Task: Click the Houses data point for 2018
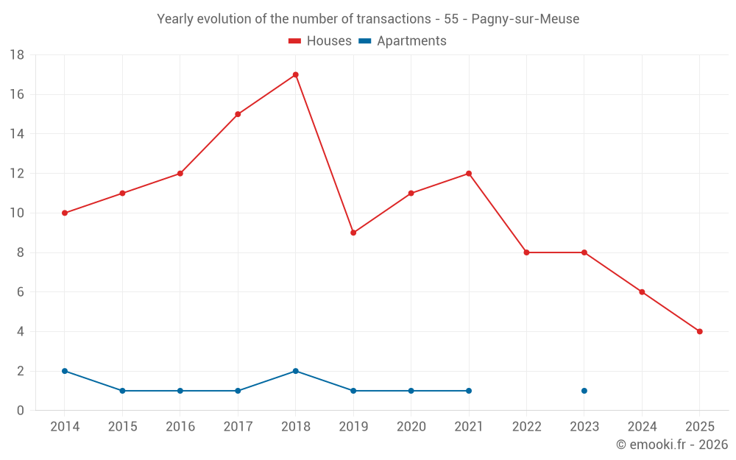click(x=295, y=75)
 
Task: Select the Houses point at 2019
click(x=353, y=233)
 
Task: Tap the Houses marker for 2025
click(x=699, y=331)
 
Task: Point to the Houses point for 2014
click(x=65, y=213)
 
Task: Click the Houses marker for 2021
click(x=469, y=174)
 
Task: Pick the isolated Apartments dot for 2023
click(x=584, y=391)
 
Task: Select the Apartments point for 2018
click(x=295, y=371)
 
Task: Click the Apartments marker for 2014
click(x=65, y=371)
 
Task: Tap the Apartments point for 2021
click(x=469, y=391)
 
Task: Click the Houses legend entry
click(x=320, y=41)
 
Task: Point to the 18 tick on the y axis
click(x=17, y=55)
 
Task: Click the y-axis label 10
click(x=17, y=213)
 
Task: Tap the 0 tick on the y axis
click(x=21, y=411)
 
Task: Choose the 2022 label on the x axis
click(x=526, y=427)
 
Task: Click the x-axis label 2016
click(x=180, y=427)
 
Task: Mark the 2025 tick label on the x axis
click(x=699, y=427)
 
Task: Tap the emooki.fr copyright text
click(x=672, y=445)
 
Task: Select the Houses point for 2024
click(x=642, y=292)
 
